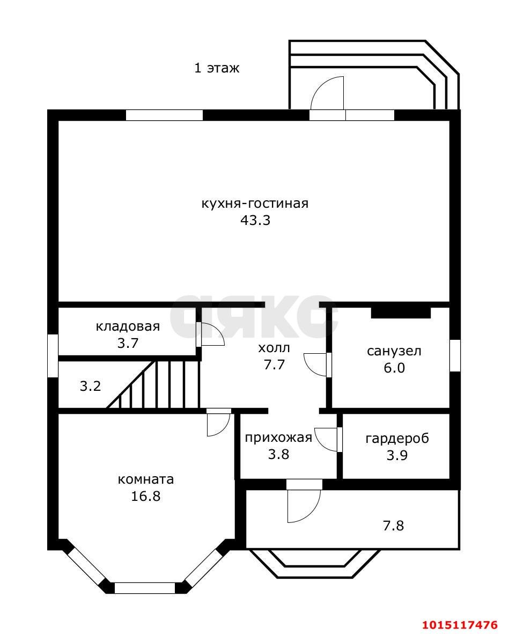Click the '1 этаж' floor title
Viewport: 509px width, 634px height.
coord(216,68)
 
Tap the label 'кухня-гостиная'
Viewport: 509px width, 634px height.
coord(255,204)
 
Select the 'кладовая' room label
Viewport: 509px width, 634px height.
coord(128,326)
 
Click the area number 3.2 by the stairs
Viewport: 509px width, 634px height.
coord(90,386)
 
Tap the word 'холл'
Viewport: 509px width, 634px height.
coord(274,348)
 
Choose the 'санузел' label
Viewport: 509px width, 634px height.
coord(394,351)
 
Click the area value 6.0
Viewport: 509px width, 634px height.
coord(394,368)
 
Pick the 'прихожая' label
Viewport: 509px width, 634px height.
coord(278,438)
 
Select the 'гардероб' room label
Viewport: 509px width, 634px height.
coord(397,438)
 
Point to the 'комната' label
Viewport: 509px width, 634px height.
coord(146,479)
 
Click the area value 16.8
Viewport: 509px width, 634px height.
coord(146,496)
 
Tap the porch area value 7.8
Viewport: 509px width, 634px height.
coord(393,526)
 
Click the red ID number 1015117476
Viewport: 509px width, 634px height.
coord(460,625)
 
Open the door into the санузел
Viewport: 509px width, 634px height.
coord(316,365)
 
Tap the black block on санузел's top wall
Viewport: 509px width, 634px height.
coord(401,312)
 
